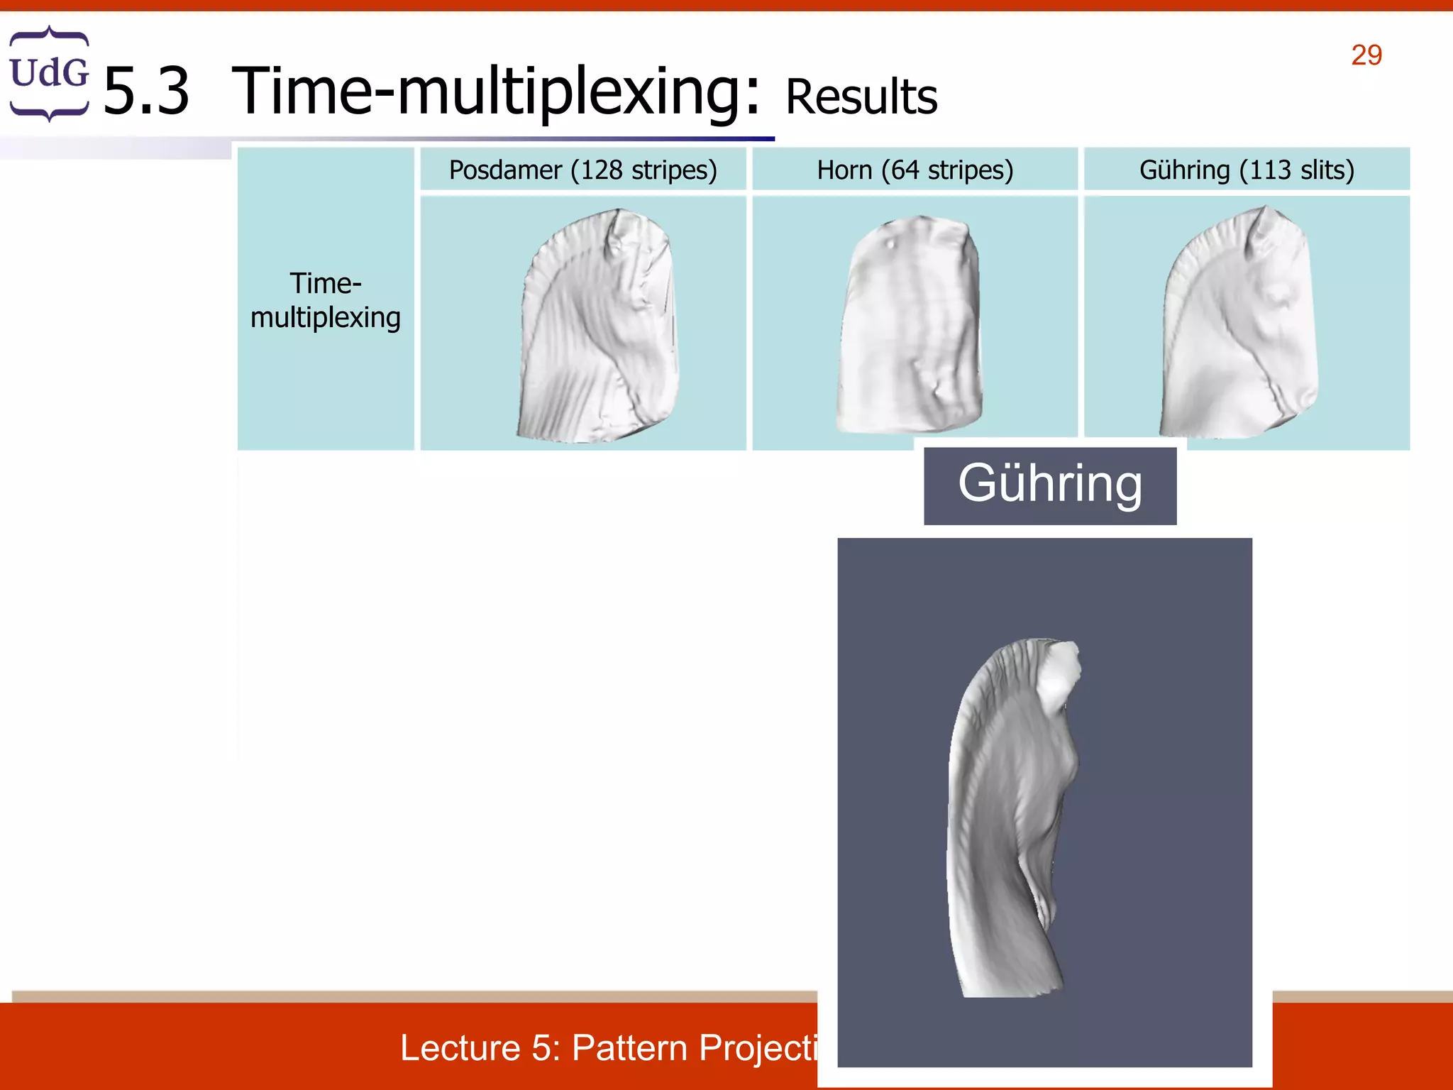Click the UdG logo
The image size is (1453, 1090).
(x=49, y=73)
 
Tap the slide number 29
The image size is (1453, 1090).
(x=1366, y=55)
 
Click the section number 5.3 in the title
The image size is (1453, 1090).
(x=146, y=91)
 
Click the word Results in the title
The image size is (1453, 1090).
(x=861, y=97)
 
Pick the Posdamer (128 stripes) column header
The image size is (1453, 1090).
(x=582, y=170)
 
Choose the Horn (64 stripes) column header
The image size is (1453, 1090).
(x=915, y=170)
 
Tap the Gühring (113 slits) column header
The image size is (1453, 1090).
(x=1247, y=170)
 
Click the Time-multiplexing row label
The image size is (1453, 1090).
(x=326, y=300)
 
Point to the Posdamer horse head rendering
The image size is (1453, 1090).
(x=598, y=326)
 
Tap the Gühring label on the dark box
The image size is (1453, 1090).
(x=1050, y=484)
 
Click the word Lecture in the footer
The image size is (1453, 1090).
(x=460, y=1048)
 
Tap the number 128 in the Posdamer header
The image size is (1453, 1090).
(x=601, y=170)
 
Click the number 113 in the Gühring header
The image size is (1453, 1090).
(x=1269, y=170)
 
